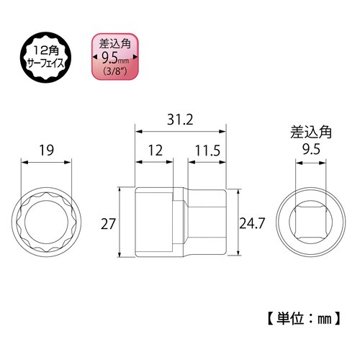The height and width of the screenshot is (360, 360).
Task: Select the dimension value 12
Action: [x=154, y=151]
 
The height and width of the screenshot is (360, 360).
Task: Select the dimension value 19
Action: [x=48, y=151]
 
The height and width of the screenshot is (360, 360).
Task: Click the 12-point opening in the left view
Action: [x=48, y=223]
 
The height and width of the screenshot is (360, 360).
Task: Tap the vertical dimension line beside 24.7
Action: [x=238, y=223]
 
